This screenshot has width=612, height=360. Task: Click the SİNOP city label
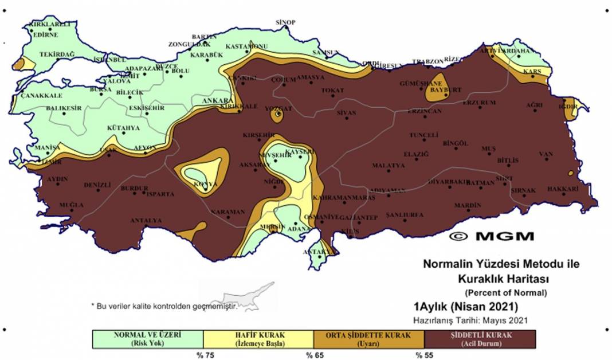point(285,22)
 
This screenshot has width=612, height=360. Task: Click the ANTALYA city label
point(146,220)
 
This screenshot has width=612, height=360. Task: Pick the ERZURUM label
point(478,102)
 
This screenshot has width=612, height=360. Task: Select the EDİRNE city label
point(46,34)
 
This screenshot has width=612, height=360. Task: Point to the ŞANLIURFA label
point(405,215)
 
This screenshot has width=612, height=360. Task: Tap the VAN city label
point(546,154)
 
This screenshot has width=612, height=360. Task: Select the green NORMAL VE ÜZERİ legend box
point(148,339)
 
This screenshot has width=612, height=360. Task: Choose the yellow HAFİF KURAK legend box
point(258,339)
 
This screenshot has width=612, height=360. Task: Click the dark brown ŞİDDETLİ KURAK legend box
point(480,339)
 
